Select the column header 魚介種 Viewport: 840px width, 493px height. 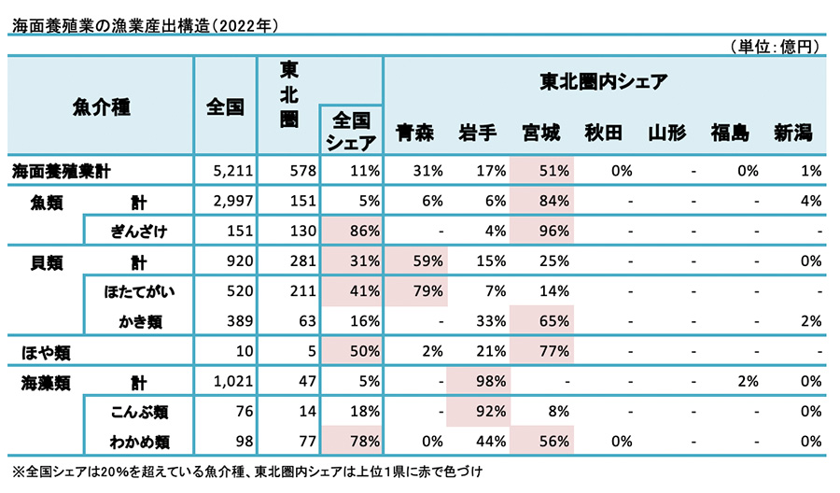pos(100,106)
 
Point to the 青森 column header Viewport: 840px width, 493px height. pos(414,134)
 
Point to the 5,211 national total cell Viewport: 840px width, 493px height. pos(225,171)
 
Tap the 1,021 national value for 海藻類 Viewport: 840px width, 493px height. pos(224,382)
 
